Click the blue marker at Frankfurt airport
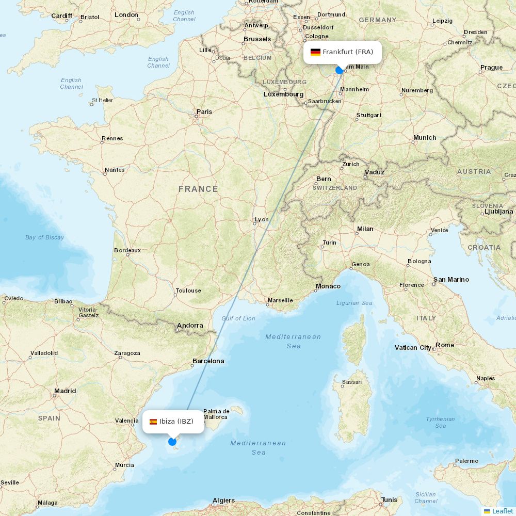coord(340,70)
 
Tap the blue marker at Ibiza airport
coord(172,441)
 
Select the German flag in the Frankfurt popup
coord(315,52)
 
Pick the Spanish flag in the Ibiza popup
coord(153,422)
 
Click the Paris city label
coord(204,111)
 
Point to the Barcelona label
coord(208,361)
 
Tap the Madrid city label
coord(65,391)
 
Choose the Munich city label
coord(425,138)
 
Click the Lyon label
coord(262,219)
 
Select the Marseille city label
coord(280,300)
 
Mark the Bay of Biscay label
coord(45,237)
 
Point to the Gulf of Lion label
coord(238,318)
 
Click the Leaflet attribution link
coord(502,511)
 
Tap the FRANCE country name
coord(198,189)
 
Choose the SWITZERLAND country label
coord(335,188)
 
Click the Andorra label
coord(190,326)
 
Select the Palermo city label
coord(466,461)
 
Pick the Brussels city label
coord(257,39)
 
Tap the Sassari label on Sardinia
coord(351,382)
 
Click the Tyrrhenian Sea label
coord(440,422)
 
